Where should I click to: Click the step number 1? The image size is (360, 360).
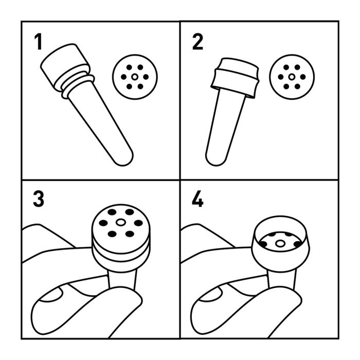tap(38, 42)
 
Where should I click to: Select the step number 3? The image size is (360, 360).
tap(39, 199)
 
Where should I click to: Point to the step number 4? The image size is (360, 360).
tap(197, 199)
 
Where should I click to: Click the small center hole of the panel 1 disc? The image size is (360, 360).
tap(135, 77)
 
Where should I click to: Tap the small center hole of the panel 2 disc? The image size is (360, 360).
tap(292, 77)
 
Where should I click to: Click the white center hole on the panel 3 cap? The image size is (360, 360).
tap(121, 222)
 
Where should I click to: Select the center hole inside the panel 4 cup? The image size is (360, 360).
tap(280, 243)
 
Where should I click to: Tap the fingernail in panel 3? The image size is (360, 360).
tap(51, 294)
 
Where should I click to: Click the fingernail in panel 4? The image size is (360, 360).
tap(210, 294)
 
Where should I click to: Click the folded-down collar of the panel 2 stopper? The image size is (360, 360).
tap(235, 83)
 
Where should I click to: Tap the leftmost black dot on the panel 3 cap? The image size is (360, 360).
tap(103, 223)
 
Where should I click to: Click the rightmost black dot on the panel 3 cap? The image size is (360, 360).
tap(138, 223)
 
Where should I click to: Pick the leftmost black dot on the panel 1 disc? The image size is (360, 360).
tap(123, 77)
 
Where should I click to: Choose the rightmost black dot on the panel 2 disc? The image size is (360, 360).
tap(303, 77)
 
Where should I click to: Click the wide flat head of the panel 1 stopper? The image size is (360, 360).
tap(65, 64)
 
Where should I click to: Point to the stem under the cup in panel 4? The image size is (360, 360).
tap(281, 278)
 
